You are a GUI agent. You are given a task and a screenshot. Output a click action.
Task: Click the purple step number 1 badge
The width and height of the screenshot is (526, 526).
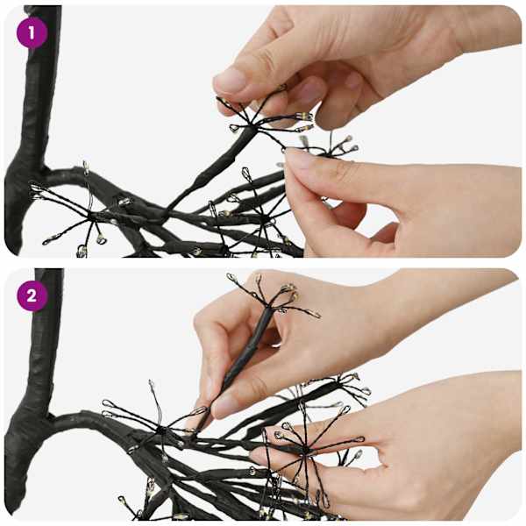[32, 33]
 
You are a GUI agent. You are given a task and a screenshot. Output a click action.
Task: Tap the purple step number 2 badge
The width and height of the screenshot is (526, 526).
[32, 296]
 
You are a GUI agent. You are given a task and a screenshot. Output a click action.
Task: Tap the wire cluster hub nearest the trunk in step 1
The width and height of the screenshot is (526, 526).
[90, 216]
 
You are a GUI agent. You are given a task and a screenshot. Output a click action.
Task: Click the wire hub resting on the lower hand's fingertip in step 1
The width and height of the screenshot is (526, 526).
[327, 153]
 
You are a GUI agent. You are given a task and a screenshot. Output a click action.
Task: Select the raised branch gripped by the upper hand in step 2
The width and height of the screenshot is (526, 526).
[243, 358]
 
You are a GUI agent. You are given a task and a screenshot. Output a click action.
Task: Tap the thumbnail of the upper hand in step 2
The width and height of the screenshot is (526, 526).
[225, 407]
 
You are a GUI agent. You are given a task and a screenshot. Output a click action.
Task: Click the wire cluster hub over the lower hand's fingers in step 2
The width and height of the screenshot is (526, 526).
[305, 450]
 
